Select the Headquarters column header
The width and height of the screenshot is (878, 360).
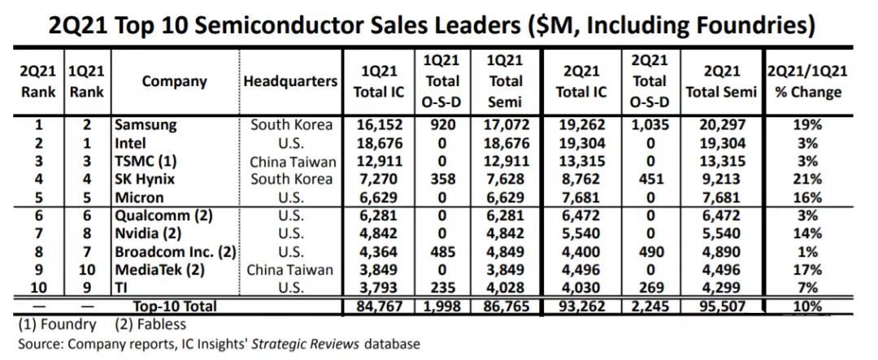(290, 81)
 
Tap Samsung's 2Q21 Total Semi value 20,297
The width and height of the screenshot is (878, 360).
(721, 126)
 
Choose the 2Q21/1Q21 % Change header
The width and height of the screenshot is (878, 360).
(807, 81)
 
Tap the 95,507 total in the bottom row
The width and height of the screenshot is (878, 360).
(721, 306)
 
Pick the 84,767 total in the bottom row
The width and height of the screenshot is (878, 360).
(379, 306)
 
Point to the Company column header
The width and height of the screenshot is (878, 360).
(174, 81)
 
